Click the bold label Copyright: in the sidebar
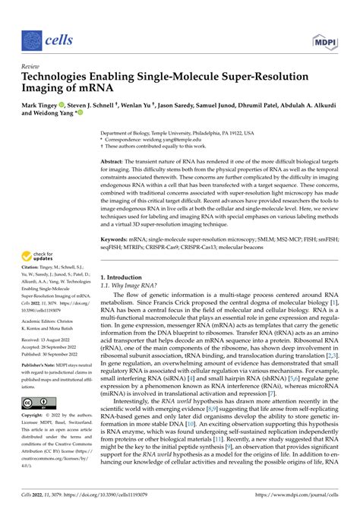point(33,416)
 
